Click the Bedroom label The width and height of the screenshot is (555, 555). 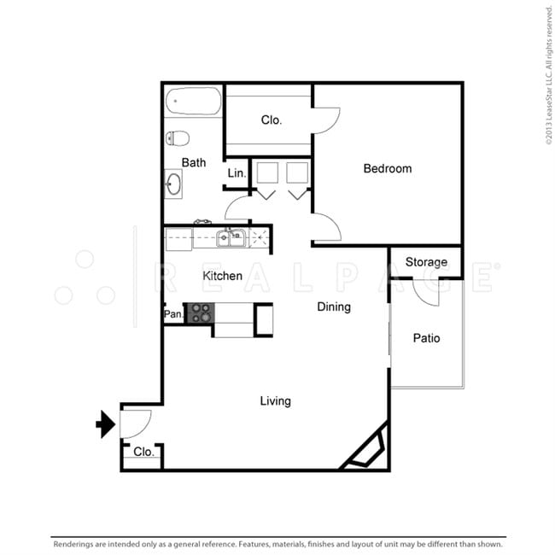pyautogui.click(x=388, y=168)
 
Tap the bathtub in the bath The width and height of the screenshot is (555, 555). pyautogui.click(x=193, y=102)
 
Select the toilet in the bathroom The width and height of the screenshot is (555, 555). pyautogui.click(x=178, y=138)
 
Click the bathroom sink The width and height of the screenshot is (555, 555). pyautogui.click(x=173, y=184)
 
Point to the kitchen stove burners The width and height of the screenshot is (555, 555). pyautogui.click(x=201, y=313)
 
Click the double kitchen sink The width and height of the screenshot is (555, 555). pyautogui.click(x=231, y=238)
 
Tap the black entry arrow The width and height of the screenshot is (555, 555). pyautogui.click(x=106, y=424)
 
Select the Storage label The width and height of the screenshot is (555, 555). pyautogui.click(x=426, y=262)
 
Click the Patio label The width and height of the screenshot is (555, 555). pyautogui.click(x=427, y=338)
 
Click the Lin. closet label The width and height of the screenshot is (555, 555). pyautogui.click(x=237, y=173)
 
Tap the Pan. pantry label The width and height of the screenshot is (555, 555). pyautogui.click(x=174, y=314)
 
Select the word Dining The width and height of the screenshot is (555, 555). pyautogui.click(x=334, y=307)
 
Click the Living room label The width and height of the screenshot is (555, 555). pyautogui.click(x=276, y=401)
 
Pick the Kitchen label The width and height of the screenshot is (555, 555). pyautogui.click(x=222, y=276)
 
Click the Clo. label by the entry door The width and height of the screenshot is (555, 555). pyautogui.click(x=143, y=452)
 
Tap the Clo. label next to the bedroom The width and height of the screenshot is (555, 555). pyautogui.click(x=272, y=120)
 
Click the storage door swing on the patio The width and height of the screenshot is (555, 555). pyautogui.click(x=426, y=293)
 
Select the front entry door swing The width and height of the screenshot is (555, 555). pyautogui.click(x=136, y=424)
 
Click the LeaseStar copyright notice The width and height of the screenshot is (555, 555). pyautogui.click(x=549, y=75)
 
